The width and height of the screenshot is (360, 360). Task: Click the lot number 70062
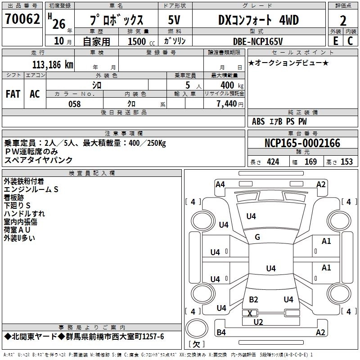click(x=23, y=19)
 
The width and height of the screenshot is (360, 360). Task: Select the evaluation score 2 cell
click(x=343, y=20)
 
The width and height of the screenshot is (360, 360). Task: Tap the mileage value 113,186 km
click(x=53, y=64)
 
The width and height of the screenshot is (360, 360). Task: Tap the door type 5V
click(x=174, y=20)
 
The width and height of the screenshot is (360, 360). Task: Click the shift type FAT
click(x=13, y=94)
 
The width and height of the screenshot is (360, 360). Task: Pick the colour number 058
click(x=74, y=104)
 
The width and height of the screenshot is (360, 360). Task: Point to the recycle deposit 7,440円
click(x=229, y=104)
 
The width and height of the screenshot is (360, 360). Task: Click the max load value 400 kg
click(x=232, y=85)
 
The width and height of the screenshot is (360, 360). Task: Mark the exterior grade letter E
click(x=335, y=41)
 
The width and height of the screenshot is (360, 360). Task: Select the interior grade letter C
click(x=350, y=41)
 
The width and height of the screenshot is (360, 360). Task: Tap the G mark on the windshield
click(x=257, y=237)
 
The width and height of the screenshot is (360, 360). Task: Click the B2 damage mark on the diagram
click(x=253, y=300)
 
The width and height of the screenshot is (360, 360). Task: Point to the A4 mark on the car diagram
click(x=220, y=184)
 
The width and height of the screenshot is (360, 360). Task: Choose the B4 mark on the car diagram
click(x=221, y=333)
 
